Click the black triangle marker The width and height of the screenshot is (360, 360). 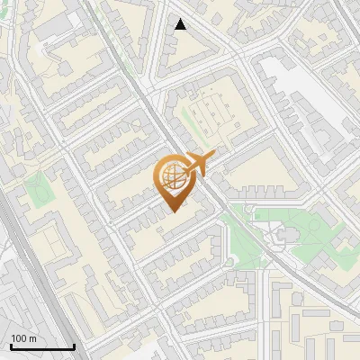point(180,24)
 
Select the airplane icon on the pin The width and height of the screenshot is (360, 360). point(197,165)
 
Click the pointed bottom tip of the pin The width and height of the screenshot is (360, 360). point(173,211)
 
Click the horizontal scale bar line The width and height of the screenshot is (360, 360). point(41,346)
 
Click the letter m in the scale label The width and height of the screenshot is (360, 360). point(33,339)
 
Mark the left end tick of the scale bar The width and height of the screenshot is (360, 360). point(10,345)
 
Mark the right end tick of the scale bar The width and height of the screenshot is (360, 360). point(74,345)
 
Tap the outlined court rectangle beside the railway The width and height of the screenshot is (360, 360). point(51,241)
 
